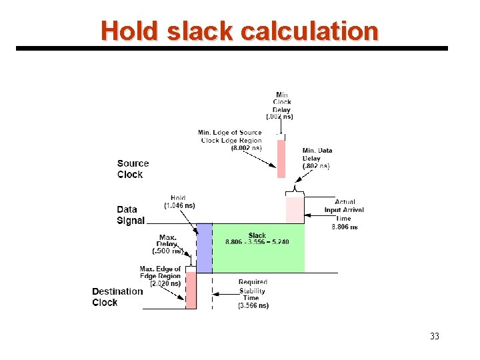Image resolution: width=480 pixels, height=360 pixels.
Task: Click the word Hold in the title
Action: [129, 31]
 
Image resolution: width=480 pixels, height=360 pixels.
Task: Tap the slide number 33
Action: [435, 336]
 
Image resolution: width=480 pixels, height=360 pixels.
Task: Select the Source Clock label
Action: [133, 169]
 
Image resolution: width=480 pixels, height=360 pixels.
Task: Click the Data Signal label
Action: [131, 215]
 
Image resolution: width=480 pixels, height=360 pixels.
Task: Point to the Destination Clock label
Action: [117, 297]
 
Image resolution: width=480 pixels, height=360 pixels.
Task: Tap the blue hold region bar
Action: [204, 248]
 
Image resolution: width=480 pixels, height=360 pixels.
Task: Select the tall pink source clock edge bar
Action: [281, 159]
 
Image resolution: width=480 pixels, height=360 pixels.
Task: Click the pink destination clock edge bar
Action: [191, 290]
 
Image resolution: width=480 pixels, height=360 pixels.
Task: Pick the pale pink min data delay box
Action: [295, 209]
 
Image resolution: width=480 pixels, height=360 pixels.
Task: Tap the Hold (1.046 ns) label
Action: [179, 202]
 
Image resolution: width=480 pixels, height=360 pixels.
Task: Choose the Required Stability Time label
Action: [253, 294]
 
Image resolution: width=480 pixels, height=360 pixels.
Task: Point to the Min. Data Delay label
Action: [317, 158]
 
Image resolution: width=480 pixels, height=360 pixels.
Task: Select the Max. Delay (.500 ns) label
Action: [167, 245]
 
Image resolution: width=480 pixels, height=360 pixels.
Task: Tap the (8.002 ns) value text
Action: [247, 148]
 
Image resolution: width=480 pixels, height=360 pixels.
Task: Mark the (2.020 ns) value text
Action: [165, 283]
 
